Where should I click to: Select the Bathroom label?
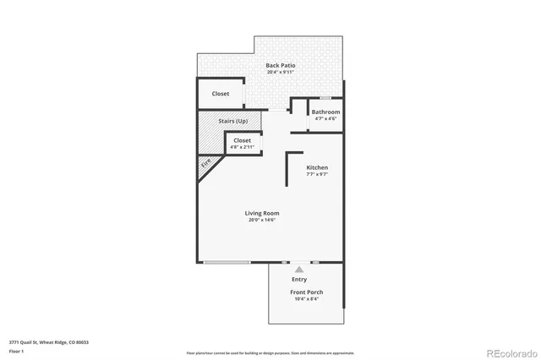[325, 112]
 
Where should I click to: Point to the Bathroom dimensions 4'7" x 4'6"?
[325, 118]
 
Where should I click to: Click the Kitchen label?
[317, 167]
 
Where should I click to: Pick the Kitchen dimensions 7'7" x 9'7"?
[317, 174]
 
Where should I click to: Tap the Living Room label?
[262, 213]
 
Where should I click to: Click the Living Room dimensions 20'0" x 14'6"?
[262, 220]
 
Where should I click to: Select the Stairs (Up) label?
[232, 122]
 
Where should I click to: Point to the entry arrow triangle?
[298, 270]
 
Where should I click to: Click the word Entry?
[299, 279]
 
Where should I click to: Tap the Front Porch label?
[308, 292]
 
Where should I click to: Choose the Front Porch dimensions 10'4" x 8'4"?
[308, 299]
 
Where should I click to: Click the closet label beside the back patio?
[221, 94]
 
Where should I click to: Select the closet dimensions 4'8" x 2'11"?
[243, 147]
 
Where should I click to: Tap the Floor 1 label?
[17, 351]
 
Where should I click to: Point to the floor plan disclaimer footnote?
[270, 352]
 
